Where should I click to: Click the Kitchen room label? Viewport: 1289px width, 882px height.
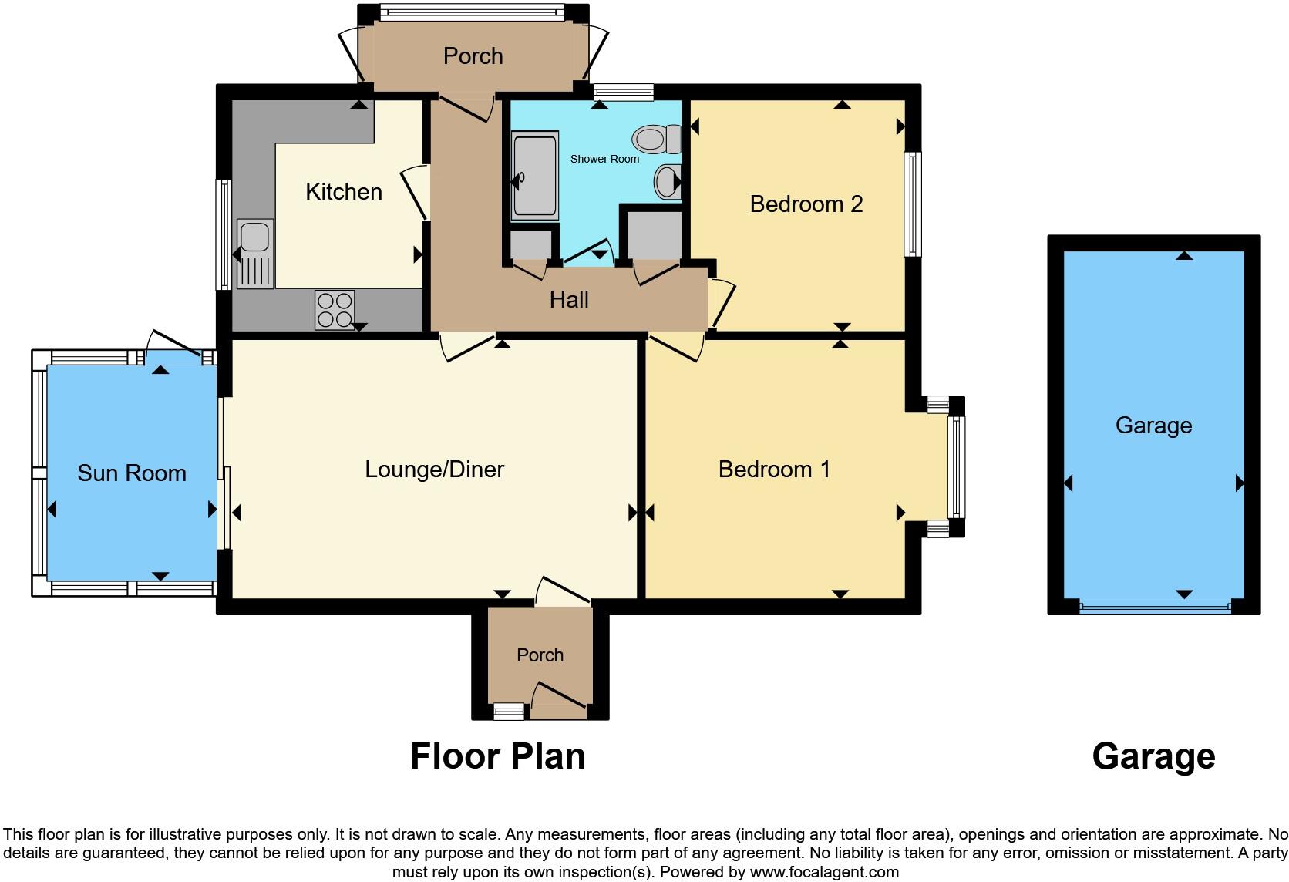pos(344,192)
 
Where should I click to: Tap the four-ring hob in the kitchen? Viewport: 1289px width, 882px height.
pos(335,310)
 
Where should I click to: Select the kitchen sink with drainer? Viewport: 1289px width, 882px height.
pos(255,254)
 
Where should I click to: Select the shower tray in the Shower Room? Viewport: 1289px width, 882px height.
pos(533,177)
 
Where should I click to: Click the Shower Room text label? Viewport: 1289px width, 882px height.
pos(604,159)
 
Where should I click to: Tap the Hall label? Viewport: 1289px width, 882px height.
pos(569,300)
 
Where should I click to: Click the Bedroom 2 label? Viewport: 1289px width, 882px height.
pos(806,204)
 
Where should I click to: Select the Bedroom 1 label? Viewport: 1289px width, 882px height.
pos(774,470)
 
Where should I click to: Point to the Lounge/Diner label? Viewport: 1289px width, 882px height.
pos(434,470)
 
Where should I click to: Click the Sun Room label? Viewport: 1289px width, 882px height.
pos(132,473)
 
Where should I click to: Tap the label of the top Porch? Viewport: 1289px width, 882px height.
pos(473,56)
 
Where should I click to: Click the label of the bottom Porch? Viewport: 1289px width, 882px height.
pos(540,655)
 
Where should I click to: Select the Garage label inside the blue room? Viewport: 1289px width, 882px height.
pos(1153,426)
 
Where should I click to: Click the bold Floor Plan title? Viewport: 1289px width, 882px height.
pos(497,756)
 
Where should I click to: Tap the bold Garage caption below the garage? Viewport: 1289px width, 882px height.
pos(1153,756)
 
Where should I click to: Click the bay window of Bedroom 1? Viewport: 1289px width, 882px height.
pos(956,467)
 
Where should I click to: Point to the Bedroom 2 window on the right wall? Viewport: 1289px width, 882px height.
pos(913,204)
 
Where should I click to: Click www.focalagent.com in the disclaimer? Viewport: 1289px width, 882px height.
pos(824,873)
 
